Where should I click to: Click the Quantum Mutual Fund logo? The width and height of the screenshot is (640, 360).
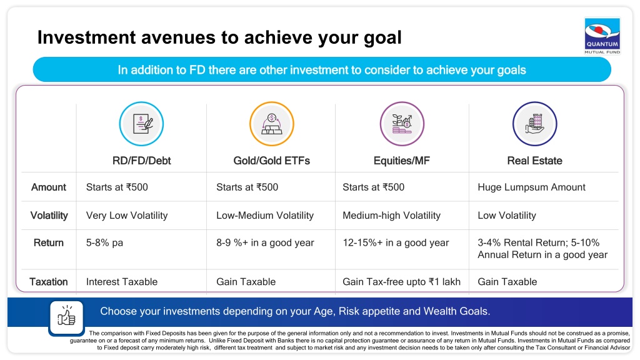pyautogui.click(x=602, y=36)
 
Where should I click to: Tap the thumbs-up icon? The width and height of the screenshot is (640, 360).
pyautogui.click(x=66, y=317)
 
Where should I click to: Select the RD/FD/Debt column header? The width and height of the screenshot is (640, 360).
pyautogui.click(x=142, y=161)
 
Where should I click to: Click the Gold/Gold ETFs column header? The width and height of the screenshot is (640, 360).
pyautogui.click(x=271, y=161)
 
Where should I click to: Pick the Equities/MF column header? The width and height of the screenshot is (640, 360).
pyautogui.click(x=402, y=161)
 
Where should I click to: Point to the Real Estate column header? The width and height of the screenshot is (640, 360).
pyautogui.click(x=535, y=161)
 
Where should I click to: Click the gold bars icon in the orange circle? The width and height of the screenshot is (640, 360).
pyautogui.click(x=272, y=124)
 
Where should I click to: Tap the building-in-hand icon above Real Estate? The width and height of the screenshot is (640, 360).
pyautogui.click(x=535, y=124)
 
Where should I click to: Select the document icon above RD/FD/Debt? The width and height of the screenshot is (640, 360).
pyautogui.click(x=142, y=124)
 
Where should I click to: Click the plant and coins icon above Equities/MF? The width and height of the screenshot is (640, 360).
pyautogui.click(x=402, y=124)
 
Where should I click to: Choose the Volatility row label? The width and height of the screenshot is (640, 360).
pyautogui.click(x=49, y=216)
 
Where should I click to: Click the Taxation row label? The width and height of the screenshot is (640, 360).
pyautogui.click(x=49, y=282)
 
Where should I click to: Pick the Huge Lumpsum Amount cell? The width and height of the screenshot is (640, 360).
pyautogui.click(x=531, y=187)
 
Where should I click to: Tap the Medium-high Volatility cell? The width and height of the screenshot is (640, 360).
pyautogui.click(x=391, y=216)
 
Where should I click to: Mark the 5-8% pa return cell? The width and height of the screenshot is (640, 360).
pyautogui.click(x=104, y=243)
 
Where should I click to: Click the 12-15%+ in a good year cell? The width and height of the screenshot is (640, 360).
pyautogui.click(x=396, y=243)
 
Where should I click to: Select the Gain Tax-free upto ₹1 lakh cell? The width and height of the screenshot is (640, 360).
pyautogui.click(x=401, y=282)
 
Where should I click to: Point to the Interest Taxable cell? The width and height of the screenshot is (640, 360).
pyautogui.click(x=122, y=282)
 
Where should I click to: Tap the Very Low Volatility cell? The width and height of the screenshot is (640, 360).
pyautogui.click(x=127, y=216)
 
